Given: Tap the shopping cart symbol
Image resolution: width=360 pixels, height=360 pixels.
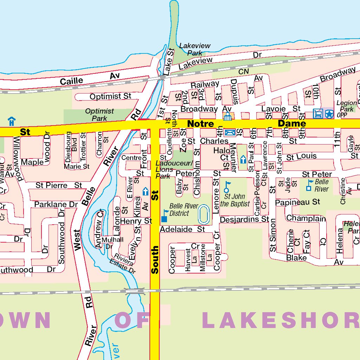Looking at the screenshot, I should click(318, 114).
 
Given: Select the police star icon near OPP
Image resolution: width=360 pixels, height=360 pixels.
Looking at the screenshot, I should click(329, 114).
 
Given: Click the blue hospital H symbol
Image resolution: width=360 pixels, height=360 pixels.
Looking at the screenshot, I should click(12, 121).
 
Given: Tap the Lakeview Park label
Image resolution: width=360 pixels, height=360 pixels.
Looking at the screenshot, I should click(195, 49).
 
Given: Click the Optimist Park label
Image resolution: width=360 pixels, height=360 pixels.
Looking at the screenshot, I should click(99, 115).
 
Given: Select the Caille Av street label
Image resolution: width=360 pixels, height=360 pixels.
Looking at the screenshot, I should click(90, 79).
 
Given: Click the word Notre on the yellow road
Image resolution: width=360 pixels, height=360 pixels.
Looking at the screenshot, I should click(200, 124).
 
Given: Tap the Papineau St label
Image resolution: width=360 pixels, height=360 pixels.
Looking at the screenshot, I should click(297, 202).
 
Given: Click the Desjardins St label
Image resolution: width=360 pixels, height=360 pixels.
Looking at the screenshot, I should click(244, 220).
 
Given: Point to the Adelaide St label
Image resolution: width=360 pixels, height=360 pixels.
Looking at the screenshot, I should click(182, 230).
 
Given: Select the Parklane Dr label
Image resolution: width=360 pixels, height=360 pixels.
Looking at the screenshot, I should click(56, 204).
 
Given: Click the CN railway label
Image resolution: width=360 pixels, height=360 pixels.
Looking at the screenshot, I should click(243, 71).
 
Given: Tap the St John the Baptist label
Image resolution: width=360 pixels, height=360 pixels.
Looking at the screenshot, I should click(235, 200).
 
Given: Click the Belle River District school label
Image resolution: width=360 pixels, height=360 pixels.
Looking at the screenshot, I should click(184, 210).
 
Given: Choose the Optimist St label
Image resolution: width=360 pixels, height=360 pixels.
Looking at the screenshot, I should click(110, 96).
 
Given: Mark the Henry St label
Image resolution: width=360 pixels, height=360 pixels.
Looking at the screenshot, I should click(136, 221).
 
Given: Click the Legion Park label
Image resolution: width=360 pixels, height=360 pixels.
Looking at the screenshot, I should click(347, 106).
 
